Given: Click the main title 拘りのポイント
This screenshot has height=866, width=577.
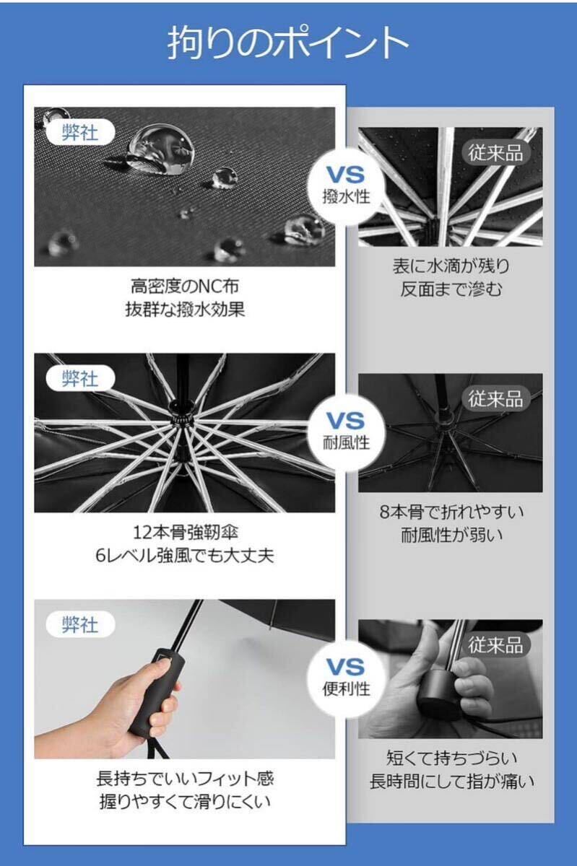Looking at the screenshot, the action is click(288, 42).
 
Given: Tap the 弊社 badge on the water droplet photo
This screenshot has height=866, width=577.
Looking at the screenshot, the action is click(80, 133).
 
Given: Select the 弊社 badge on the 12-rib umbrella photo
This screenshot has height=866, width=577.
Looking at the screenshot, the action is click(80, 378).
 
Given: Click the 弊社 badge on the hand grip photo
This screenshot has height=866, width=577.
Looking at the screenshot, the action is click(80, 624).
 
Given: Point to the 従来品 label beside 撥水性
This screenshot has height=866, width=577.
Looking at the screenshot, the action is click(495, 152).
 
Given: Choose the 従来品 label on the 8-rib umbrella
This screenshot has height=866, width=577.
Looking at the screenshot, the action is click(495, 398).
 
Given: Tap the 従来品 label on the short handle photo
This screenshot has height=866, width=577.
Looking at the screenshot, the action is click(495, 644).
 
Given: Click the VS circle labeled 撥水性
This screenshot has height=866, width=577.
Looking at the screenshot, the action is click(346, 186).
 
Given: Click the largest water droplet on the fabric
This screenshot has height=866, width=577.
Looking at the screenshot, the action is click(160, 149).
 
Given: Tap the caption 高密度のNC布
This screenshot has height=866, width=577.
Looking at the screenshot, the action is click(185, 286).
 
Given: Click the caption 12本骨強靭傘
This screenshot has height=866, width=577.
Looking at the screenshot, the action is click(186, 533).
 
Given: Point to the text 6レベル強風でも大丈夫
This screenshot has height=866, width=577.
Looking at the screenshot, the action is click(185, 556).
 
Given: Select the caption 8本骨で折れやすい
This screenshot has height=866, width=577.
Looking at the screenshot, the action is click(451, 512).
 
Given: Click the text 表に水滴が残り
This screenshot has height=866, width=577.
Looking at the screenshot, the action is click(451, 266).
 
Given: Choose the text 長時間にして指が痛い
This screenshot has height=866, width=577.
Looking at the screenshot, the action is click(451, 782).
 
